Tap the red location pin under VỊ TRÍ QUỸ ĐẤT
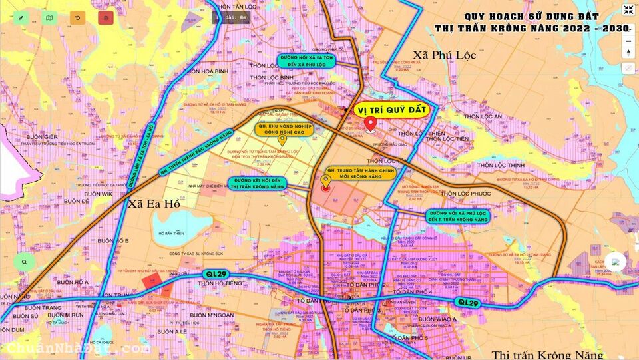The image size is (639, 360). tap(370, 124)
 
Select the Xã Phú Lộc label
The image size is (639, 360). tap(444, 55)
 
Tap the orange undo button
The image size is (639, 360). tap(77, 18)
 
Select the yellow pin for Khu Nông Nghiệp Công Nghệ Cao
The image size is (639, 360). tap(282, 140)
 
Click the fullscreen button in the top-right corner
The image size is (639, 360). tap(628, 9)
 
